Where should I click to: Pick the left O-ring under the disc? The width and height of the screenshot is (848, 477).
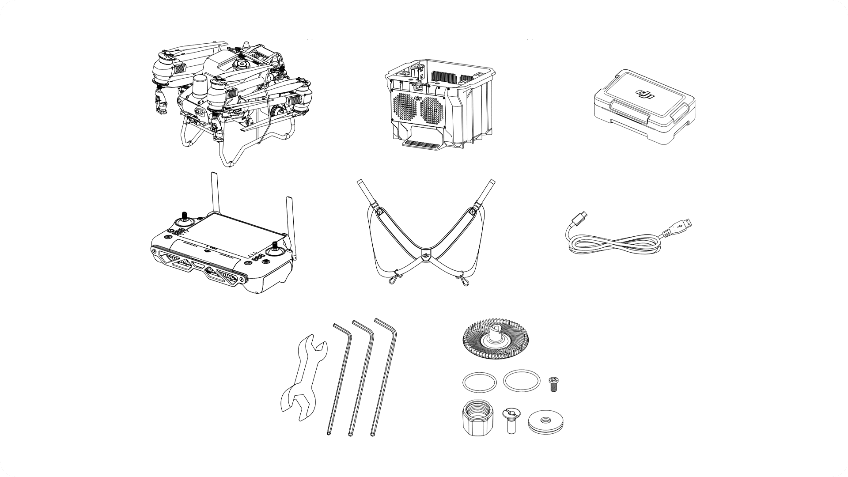coord(479,382)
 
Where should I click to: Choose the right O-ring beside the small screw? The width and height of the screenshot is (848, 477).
coord(521,381)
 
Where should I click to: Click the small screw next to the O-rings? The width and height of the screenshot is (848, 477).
coord(553,383)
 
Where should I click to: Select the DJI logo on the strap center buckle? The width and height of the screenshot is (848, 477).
coord(426,256)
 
